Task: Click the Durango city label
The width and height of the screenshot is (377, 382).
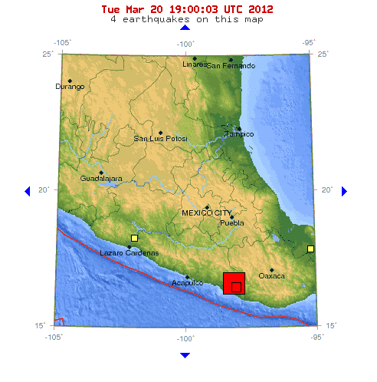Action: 70,87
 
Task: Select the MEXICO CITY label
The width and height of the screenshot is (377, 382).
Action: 206,212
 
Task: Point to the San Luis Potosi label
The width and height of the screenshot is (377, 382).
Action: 160,139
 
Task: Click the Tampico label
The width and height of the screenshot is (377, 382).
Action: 238,134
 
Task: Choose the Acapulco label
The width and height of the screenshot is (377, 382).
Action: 187,283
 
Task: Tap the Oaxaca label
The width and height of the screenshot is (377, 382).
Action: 271,275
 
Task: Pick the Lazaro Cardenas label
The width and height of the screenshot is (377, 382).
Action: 130,252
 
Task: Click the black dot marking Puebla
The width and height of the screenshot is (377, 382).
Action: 231,217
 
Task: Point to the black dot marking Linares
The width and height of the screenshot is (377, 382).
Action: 195,58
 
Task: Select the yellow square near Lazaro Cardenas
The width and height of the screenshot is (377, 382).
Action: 134,238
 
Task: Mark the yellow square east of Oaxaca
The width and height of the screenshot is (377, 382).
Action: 310,249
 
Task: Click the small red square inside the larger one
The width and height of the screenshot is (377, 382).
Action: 236,287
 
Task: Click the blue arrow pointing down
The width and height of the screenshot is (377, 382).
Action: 185,354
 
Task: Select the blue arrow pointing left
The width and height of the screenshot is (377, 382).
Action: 28,190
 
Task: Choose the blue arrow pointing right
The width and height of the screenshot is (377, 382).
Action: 344,190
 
